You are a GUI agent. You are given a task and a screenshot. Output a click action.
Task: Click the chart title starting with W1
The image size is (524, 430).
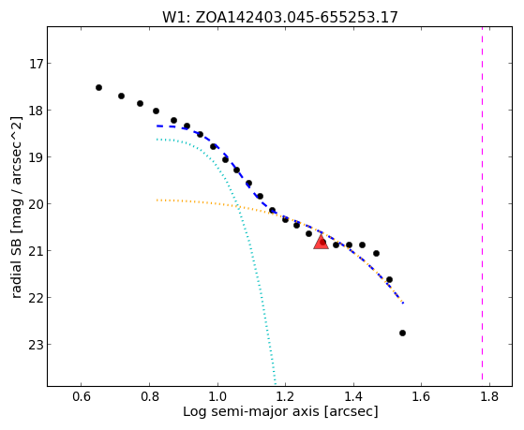(280, 17)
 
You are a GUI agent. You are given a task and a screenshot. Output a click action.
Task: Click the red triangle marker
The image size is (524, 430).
(321, 242)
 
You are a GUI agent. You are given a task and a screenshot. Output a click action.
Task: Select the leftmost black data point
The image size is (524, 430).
(98, 87)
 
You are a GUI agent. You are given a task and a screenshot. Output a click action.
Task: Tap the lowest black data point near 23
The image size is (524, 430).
(402, 334)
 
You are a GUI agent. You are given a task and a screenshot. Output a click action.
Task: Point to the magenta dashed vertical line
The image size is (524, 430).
(482, 203)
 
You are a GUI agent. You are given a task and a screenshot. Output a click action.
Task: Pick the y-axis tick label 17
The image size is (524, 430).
(37, 64)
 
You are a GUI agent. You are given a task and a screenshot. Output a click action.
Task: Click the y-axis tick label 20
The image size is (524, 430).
(37, 204)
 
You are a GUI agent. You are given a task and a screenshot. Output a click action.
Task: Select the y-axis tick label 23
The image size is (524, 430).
(37, 344)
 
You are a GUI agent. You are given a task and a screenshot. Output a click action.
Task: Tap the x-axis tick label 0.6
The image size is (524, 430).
(82, 396)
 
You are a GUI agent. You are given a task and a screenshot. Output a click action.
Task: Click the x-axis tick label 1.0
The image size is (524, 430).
(217, 396)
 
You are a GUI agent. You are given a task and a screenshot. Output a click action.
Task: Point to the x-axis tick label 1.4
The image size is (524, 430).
(353, 396)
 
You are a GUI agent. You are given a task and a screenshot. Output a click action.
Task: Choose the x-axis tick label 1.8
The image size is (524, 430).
(489, 396)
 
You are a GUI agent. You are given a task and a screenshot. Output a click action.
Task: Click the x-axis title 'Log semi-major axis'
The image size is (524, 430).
(251, 411)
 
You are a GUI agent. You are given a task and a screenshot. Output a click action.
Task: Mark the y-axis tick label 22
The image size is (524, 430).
(37, 297)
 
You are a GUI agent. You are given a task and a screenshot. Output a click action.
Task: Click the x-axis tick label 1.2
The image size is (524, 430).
(285, 396)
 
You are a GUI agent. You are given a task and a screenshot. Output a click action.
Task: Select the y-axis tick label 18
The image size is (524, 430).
(37, 111)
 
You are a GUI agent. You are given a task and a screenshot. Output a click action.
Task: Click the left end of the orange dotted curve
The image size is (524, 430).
(157, 200)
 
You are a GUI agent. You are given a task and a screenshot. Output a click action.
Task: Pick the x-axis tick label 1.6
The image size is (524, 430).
(421, 396)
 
